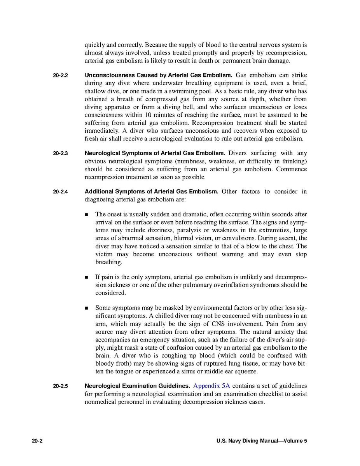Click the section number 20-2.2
[x=60, y=75]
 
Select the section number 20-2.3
[x=60, y=153]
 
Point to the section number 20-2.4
[x=60, y=192]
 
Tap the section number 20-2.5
[x=60, y=386]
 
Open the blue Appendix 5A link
[x=211, y=386]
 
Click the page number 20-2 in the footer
[x=37, y=441]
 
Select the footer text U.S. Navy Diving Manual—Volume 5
[x=262, y=441]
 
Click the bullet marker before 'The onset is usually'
[x=87, y=215]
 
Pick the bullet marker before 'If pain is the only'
[x=87, y=277]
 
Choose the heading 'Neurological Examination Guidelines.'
[x=137, y=386]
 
